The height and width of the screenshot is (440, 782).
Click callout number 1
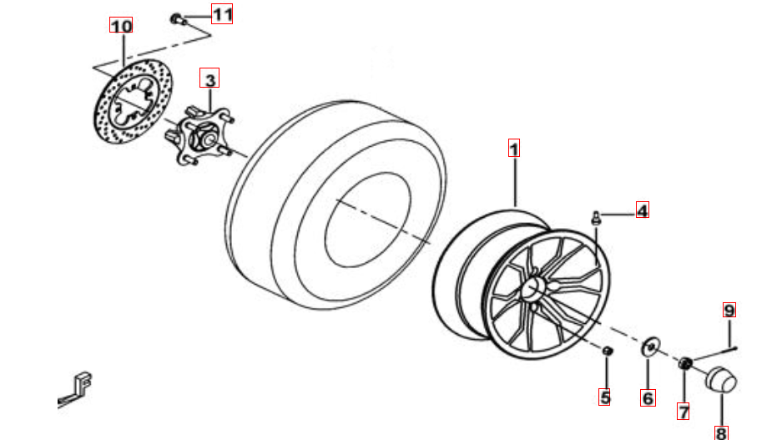pos(514,148)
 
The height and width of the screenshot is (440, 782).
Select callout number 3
pos(209,78)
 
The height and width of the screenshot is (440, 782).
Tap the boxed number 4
pos(643,210)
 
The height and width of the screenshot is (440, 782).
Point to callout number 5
pos(604,397)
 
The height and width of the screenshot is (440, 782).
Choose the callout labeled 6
pos(648,398)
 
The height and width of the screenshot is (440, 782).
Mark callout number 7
pos(684,412)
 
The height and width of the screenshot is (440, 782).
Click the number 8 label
pos(721,432)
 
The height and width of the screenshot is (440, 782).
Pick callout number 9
pos(729,310)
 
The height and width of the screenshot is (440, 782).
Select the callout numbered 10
pos(121,25)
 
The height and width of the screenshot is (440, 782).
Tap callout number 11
pos(222,14)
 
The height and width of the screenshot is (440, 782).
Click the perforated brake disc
pos(134,101)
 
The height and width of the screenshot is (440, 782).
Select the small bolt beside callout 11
pos(178,19)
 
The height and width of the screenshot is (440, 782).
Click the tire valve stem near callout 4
pos(596,218)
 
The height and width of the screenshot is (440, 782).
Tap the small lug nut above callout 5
pos(607,351)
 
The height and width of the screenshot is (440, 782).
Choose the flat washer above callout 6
pos(650,346)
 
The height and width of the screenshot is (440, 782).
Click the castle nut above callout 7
pos(684,364)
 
